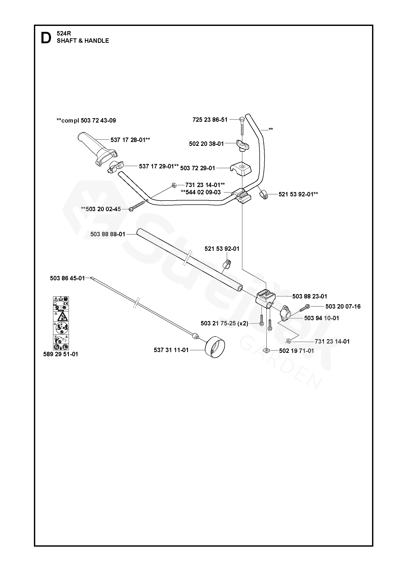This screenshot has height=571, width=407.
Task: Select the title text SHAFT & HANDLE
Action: click(83, 41)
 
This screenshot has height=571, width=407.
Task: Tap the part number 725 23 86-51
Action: click(210, 119)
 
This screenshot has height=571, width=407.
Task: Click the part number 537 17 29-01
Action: click(159, 166)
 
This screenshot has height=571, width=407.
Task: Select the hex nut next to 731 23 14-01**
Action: click(174, 185)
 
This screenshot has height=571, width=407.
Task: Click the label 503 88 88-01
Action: click(108, 234)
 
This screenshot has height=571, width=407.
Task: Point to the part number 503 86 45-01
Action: click(67, 278)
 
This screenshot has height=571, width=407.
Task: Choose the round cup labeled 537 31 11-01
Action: click(215, 347)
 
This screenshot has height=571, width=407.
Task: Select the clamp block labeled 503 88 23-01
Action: click(266, 298)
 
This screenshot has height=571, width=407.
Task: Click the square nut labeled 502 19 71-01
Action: click(266, 351)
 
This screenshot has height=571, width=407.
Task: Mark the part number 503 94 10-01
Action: click(321, 318)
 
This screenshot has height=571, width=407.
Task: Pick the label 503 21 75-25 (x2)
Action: click(224, 323)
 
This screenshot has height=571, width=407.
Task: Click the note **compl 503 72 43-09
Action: click(86, 120)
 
